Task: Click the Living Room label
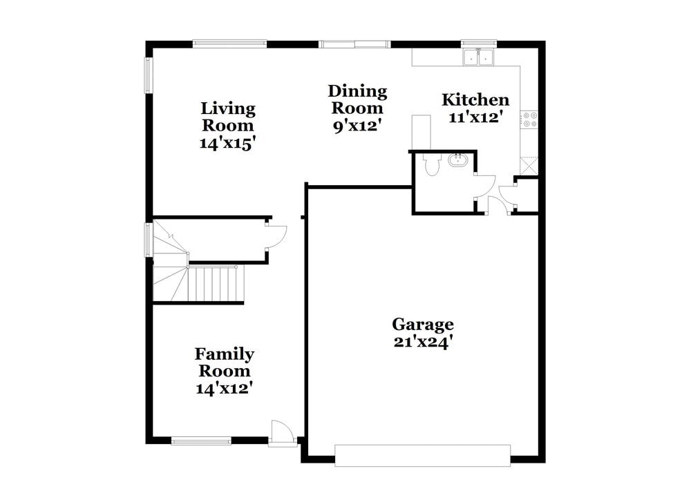(x=228, y=117)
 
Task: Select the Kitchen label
(x=475, y=99)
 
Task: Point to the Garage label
(x=423, y=325)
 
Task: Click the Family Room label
(x=225, y=362)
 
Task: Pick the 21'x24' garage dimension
(x=423, y=342)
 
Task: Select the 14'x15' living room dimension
(x=228, y=143)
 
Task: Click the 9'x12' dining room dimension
(x=357, y=126)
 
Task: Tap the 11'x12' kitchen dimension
(x=476, y=117)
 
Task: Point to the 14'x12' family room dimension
(x=225, y=388)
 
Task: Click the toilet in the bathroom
(x=432, y=164)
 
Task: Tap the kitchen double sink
(x=478, y=57)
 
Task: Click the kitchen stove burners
(x=529, y=119)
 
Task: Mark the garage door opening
(x=423, y=455)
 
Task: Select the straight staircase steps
(x=216, y=284)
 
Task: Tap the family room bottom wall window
(x=201, y=441)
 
